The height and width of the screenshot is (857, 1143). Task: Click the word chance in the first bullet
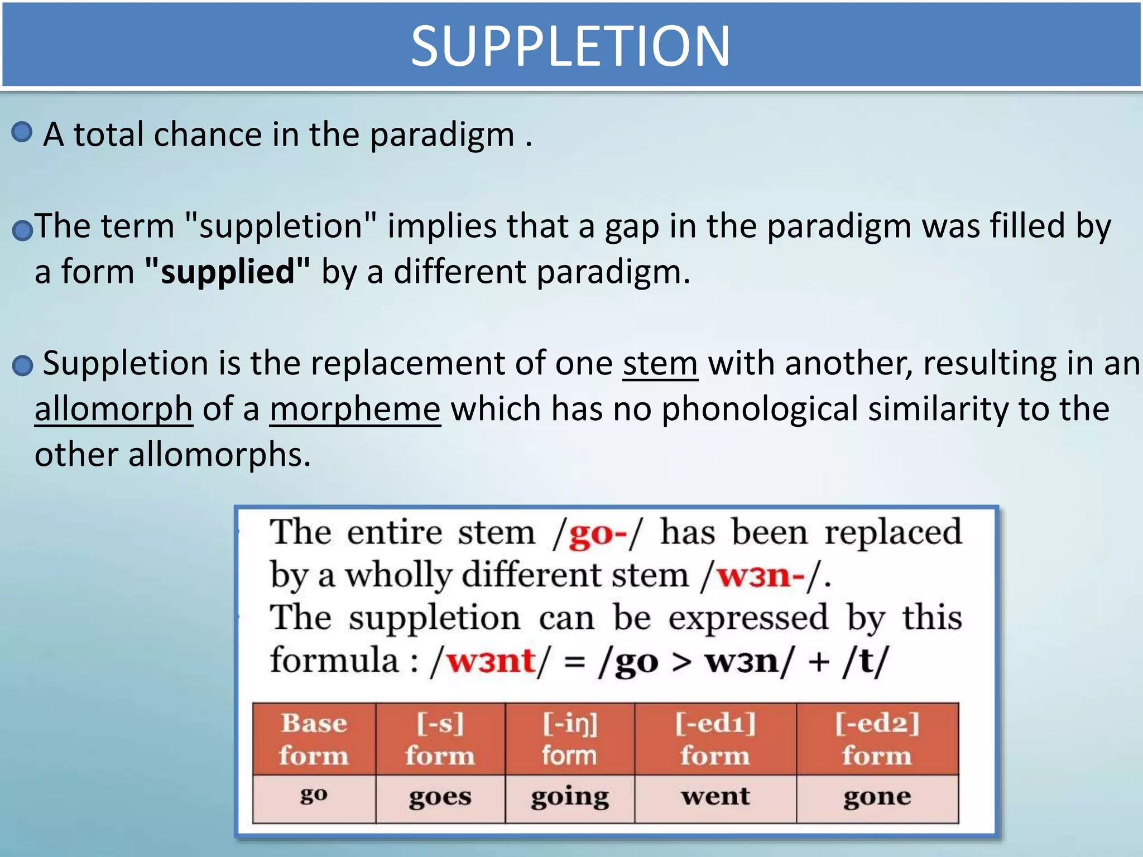[208, 135]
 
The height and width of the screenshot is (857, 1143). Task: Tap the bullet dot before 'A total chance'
[22, 132]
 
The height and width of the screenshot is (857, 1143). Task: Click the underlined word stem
[660, 364]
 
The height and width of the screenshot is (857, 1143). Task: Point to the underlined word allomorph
[114, 410]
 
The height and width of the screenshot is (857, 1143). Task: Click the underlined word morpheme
[356, 410]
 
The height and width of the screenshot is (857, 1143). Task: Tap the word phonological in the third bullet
[760, 410]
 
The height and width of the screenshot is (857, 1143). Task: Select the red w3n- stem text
[761, 576]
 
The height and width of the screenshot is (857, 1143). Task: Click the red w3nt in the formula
[491, 662]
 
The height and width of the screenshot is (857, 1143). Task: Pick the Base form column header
[314, 739]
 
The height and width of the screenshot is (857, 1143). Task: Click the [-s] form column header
[440, 739]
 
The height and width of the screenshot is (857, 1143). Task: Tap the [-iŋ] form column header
[570, 739]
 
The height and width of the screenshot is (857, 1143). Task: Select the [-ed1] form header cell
[715, 739]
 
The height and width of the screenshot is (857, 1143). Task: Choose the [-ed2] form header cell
[877, 739]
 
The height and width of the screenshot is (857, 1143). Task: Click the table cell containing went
[715, 797]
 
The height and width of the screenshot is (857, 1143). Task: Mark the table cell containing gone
[877, 798]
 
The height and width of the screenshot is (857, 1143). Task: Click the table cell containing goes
[440, 798]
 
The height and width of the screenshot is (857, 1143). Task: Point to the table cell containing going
[570, 798]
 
